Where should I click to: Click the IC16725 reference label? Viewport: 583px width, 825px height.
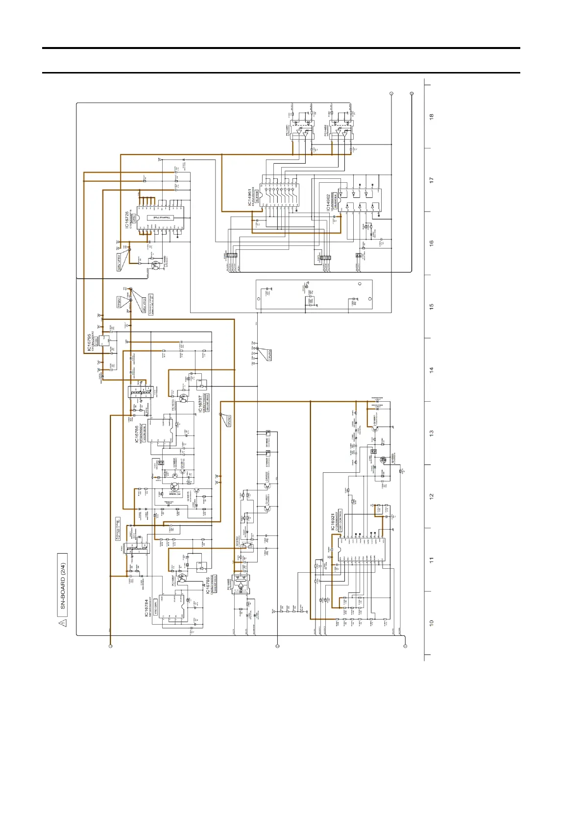(127, 220)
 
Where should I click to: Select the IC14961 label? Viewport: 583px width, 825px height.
(250, 196)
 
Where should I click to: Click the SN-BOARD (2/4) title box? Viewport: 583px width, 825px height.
(62, 585)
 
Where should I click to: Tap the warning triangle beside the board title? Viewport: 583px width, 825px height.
(62, 623)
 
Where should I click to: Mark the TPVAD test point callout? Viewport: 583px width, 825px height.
(229, 421)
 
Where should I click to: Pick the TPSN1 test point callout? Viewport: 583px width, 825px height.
(119, 302)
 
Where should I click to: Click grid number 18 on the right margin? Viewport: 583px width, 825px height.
(432, 117)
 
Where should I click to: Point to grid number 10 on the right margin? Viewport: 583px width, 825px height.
(432, 623)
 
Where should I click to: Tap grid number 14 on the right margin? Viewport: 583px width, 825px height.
(432, 370)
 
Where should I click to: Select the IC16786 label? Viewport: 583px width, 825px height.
(136, 434)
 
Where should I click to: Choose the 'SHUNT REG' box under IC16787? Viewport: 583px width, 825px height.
(207, 403)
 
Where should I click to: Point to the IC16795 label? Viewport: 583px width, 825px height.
(90, 343)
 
